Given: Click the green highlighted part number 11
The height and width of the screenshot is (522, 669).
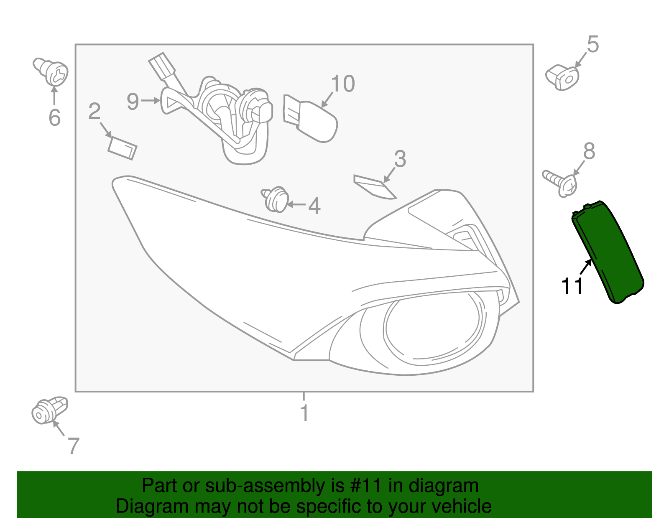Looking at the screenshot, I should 608,251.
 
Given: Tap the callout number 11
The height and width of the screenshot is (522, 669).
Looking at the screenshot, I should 572,287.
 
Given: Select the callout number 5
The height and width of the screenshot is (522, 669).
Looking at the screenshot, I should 593,44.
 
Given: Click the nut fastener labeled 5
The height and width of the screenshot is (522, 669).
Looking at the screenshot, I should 562,77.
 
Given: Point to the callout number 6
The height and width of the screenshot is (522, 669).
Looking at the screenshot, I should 54,117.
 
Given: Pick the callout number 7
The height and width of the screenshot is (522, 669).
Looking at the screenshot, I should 73,446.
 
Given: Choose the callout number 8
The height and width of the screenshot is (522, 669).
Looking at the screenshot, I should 589,151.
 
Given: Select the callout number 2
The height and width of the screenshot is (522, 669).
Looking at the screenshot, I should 94,112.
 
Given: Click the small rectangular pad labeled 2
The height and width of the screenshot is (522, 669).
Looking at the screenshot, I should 123,148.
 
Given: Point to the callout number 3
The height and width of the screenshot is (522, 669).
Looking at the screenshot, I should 400,159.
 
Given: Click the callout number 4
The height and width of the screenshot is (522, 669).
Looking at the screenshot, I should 314,206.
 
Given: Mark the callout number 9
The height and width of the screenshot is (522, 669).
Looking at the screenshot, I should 133,102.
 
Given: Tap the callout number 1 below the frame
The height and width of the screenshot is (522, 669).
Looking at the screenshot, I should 304,413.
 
